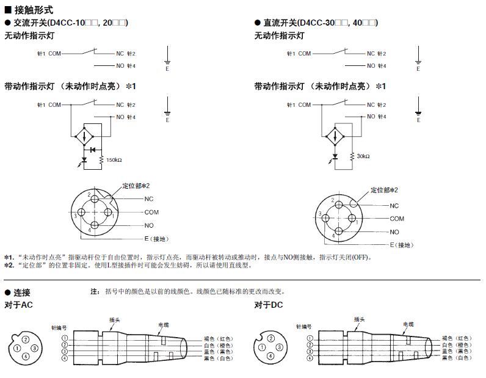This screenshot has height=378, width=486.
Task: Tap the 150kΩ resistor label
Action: click(x=114, y=160)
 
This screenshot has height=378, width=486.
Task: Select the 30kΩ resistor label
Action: click(x=363, y=156)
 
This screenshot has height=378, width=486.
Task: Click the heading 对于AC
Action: click(x=19, y=305)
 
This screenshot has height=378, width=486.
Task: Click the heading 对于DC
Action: click(x=269, y=305)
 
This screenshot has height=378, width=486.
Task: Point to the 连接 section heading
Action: click(x=22, y=292)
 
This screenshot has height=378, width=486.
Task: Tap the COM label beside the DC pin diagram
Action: click(x=397, y=219)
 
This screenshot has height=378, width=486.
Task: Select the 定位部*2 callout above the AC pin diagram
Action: click(x=136, y=185)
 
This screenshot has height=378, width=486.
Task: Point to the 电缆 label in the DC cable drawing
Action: click(x=408, y=324)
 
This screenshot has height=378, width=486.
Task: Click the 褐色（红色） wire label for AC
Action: click(x=218, y=338)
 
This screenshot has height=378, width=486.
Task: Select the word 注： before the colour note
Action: click(x=95, y=292)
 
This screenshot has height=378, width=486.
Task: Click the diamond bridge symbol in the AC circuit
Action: click(x=84, y=134)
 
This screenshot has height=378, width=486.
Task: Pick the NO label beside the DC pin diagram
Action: click(x=394, y=232)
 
